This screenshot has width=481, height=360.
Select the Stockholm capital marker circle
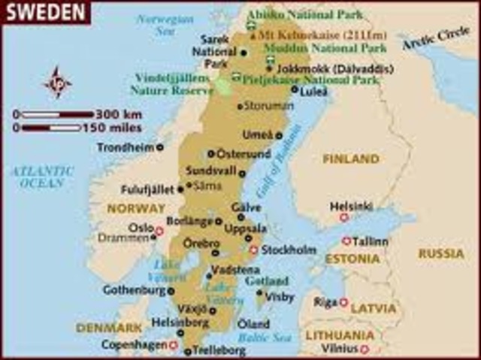click(x=254, y=250)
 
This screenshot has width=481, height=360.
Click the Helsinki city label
click(x=351, y=205)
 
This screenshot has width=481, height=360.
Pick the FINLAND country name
click(x=351, y=159)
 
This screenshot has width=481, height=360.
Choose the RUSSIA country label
click(x=441, y=253)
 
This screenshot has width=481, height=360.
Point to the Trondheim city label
click(x=125, y=147)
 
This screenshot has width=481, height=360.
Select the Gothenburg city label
click(x=133, y=289)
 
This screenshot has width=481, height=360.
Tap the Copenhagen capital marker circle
click(x=173, y=346)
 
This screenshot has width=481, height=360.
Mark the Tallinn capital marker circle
click(x=346, y=241)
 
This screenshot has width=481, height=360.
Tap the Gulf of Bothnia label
click(x=275, y=173)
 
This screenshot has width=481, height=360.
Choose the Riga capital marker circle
click(x=344, y=302)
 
